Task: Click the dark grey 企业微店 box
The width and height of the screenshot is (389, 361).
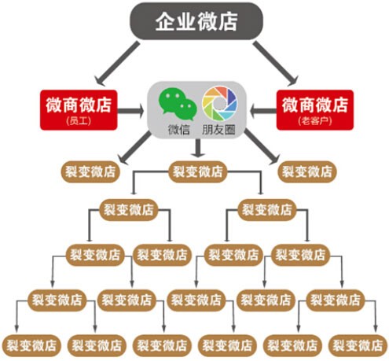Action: (196, 21)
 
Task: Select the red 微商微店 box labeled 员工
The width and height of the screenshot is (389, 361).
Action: (79, 110)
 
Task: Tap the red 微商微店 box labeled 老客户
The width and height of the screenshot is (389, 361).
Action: (315, 110)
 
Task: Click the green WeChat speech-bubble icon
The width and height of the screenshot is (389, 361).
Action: (178, 103)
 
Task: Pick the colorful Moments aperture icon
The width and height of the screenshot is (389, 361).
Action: (219, 103)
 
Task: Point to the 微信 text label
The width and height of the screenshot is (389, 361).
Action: (179, 130)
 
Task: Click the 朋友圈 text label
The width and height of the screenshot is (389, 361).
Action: (218, 130)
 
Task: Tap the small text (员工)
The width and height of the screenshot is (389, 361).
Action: (79, 121)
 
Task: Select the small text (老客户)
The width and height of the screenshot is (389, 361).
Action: (315, 121)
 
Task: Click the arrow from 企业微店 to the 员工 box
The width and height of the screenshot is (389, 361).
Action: (117, 63)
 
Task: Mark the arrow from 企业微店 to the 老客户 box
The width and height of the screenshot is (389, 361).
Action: (276, 63)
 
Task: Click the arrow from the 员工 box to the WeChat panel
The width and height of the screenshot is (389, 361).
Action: (130, 111)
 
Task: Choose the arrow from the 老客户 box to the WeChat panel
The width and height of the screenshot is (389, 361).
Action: (263, 111)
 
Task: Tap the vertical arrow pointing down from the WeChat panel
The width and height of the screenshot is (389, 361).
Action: (198, 148)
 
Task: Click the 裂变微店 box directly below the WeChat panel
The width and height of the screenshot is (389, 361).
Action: (197, 171)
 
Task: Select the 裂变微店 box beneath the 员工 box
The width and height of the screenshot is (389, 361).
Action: (90, 171)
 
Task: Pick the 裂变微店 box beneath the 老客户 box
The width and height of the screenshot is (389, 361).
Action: (307, 171)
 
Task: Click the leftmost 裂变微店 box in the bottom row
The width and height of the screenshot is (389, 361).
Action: (31, 345)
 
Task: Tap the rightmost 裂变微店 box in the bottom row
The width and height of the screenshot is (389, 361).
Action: (358, 345)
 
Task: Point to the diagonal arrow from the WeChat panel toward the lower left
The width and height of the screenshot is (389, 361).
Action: (134, 148)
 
